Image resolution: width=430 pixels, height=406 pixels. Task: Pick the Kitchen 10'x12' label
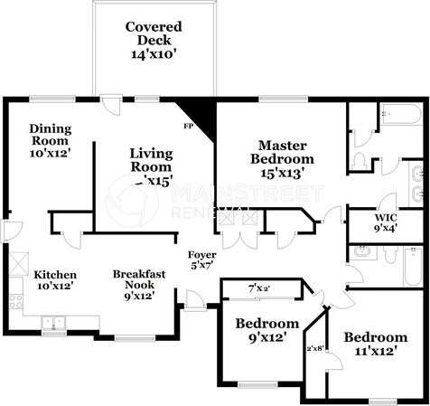coord(55,279)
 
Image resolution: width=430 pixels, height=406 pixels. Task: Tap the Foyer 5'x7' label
coord(201,260)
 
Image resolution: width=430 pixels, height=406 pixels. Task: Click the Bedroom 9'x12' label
coord(266,330)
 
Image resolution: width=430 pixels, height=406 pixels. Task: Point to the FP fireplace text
coord(190,127)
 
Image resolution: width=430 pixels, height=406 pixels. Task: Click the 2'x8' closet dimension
coord(316,348)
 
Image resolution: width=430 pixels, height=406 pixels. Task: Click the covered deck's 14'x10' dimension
coord(153,54)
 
